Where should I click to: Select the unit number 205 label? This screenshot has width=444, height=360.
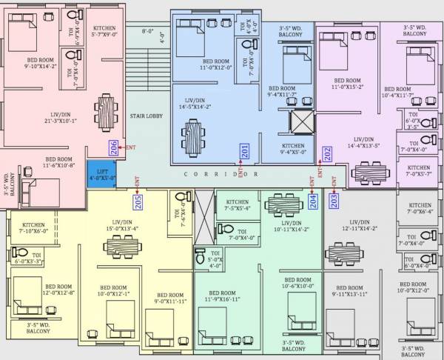(x=138, y=201)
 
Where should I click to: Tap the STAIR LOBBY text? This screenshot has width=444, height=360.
(x=146, y=116)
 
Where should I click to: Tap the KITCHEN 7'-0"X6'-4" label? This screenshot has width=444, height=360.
(x=420, y=208)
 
